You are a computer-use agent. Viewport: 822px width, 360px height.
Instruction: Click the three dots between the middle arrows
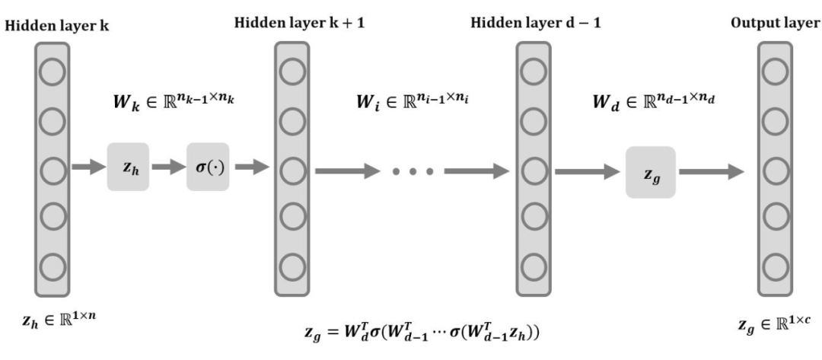[413, 171]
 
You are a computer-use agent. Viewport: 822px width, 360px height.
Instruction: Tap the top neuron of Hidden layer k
[51, 73]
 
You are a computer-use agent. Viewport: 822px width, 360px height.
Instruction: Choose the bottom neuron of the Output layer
[775, 268]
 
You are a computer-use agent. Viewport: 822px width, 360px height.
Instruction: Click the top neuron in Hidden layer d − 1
[534, 73]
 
